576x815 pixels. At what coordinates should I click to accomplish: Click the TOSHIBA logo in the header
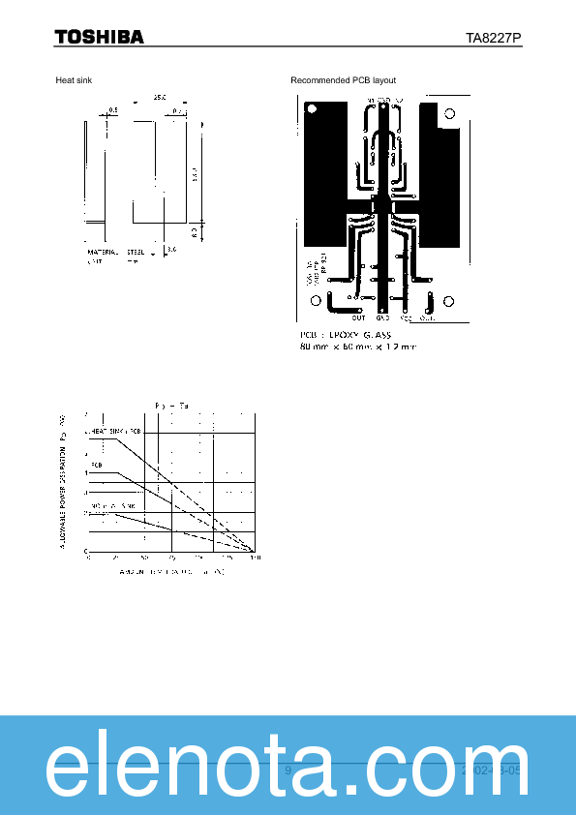click(x=99, y=37)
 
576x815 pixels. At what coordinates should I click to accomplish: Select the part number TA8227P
click(x=493, y=38)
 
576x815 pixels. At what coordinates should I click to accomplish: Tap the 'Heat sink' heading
click(x=73, y=79)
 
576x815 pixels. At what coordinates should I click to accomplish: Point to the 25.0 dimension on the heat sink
click(x=159, y=97)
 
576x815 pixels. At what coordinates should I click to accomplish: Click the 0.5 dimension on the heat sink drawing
click(x=113, y=111)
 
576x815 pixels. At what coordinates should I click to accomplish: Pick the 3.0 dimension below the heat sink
click(x=171, y=250)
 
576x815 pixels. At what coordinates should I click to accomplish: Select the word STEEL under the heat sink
click(x=135, y=252)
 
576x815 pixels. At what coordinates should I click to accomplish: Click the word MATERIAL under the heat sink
click(x=102, y=252)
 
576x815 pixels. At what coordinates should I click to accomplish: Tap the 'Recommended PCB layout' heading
click(x=343, y=79)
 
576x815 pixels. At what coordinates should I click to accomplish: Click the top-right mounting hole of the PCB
click(x=450, y=114)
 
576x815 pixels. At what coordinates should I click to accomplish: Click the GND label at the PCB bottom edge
click(x=382, y=317)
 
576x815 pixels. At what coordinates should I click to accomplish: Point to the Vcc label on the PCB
click(x=406, y=317)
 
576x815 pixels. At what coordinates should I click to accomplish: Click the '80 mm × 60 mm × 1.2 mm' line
click(x=357, y=347)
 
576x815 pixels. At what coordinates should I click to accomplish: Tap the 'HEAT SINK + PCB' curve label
click(x=116, y=430)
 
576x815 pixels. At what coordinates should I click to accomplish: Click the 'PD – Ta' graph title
click(x=169, y=405)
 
